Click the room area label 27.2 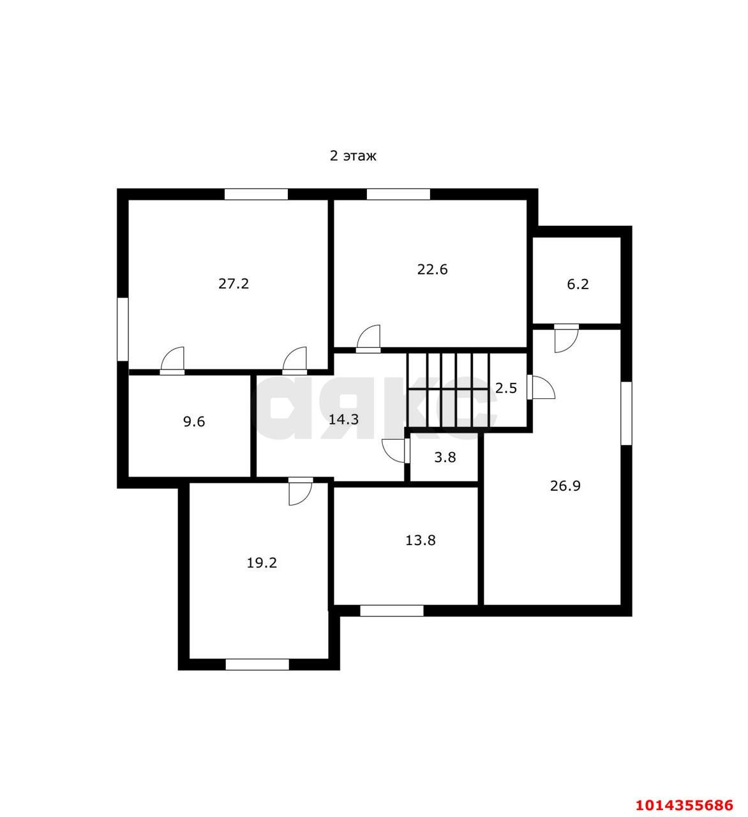234,283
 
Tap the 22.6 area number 432,269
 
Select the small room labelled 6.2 578,284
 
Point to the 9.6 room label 194,421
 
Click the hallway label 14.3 343,419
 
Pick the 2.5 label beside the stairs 506,388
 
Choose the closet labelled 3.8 445,458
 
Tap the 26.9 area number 565,486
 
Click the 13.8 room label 421,541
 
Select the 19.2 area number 262,563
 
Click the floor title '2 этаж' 353,156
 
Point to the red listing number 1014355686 684,805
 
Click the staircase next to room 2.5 448,390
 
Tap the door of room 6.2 566,338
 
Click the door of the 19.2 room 300,491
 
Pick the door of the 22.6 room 369,339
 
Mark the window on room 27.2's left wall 123,329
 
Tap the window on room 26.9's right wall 626,414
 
